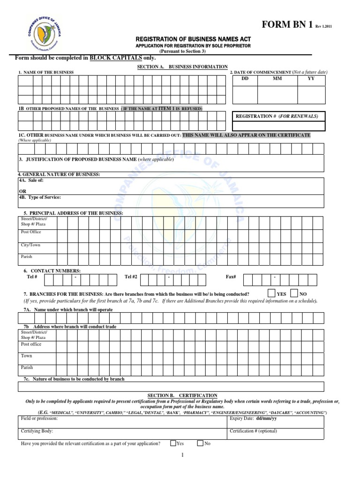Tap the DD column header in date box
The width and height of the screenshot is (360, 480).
coord(245,79)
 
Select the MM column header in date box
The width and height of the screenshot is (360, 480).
coord(277,79)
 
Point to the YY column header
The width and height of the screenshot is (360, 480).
coord(311,79)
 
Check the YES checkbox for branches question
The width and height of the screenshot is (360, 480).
coord(271,293)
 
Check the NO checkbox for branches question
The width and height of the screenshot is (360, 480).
coord(294,293)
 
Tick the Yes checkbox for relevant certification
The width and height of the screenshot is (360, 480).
coord(173,443)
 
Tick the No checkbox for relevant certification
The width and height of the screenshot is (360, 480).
coord(200,443)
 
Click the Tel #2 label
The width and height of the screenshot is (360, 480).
coord(131,277)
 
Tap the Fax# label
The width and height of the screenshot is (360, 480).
coord(231,277)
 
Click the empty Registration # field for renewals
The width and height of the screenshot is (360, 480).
coord(279,127)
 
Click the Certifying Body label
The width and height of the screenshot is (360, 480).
coord(37,431)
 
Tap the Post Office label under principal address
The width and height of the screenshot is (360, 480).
coord(31,232)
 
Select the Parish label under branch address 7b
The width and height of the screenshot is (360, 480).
coord(27,368)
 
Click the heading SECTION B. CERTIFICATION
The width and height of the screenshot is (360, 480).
coord(177,396)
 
